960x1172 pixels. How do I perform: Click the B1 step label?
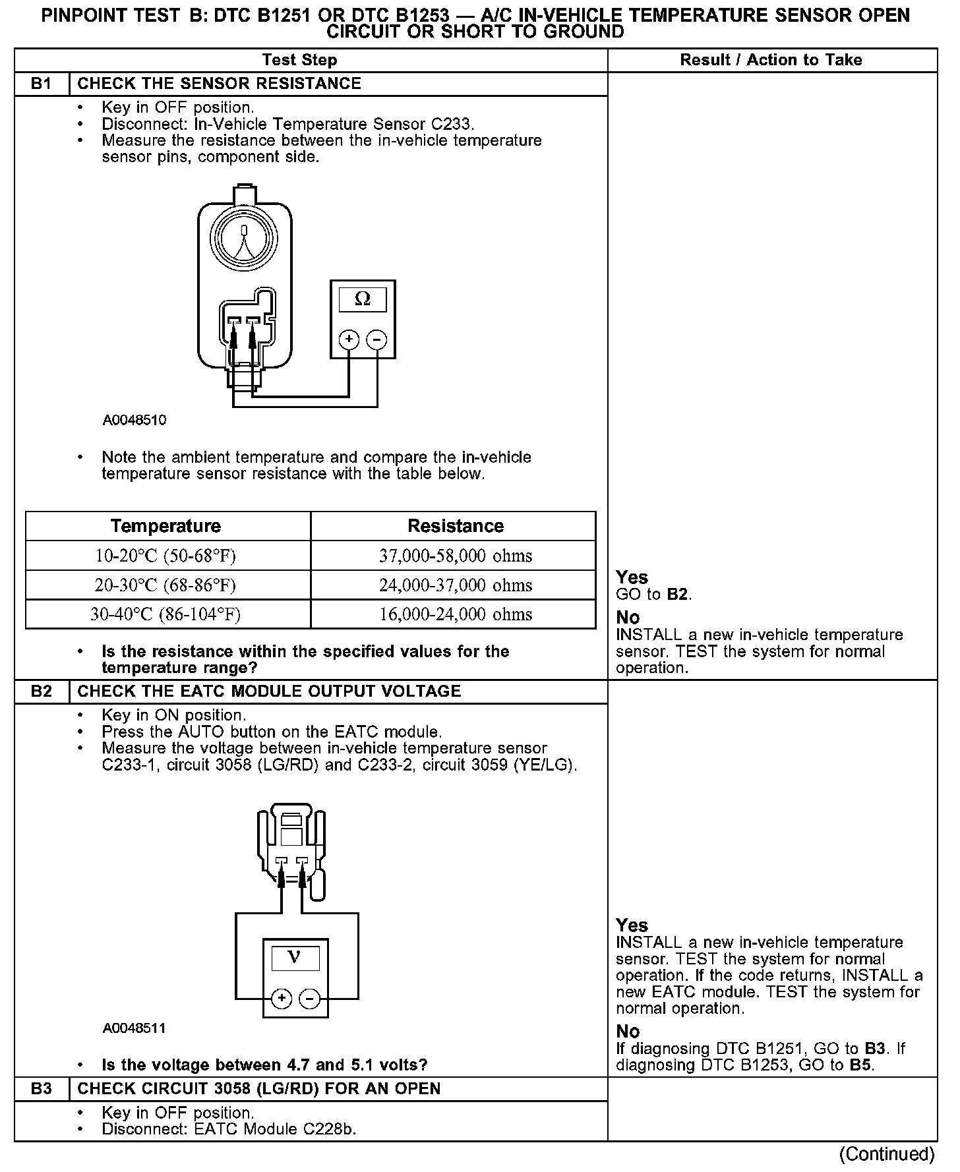41,84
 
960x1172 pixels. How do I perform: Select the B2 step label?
41,691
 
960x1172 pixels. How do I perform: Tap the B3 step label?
41,1088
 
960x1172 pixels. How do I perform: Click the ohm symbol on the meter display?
363,299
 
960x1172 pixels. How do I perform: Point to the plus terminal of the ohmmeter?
349,340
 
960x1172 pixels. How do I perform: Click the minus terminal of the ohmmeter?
377,340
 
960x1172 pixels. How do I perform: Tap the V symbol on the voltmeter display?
295,957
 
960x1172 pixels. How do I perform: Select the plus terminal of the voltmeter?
282,998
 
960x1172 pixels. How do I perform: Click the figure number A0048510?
135,420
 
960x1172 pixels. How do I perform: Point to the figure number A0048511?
135,1028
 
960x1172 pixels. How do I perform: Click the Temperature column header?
165,526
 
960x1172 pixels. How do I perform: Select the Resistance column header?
456,526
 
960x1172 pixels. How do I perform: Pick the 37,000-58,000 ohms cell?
456,556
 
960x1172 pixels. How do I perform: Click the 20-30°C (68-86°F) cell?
165,585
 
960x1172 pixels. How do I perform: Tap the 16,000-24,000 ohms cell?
456,614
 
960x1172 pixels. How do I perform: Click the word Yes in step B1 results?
632,577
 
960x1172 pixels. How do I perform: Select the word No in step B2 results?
628,1031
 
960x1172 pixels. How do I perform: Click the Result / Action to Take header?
771,60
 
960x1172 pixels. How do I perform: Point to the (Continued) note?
887,1154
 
